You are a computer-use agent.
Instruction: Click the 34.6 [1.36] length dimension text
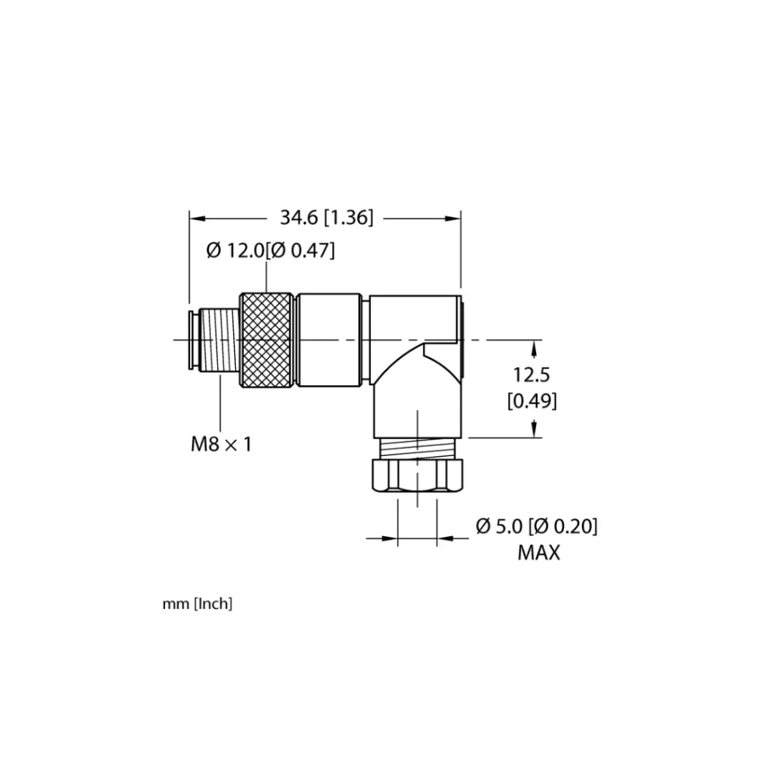pos(326,217)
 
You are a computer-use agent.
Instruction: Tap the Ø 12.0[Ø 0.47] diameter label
pos(271,250)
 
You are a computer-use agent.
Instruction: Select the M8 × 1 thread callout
pos(221,445)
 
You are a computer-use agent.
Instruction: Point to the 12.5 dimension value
pos(532,375)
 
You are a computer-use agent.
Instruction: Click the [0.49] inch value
pos(532,401)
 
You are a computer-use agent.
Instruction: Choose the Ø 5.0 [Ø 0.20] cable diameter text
pos(537,526)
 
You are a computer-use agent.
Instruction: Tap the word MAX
pos(538,553)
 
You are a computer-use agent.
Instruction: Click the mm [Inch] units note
pos(198,604)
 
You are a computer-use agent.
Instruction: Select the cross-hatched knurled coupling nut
pos(266,340)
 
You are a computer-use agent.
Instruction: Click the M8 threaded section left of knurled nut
pos(219,340)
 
